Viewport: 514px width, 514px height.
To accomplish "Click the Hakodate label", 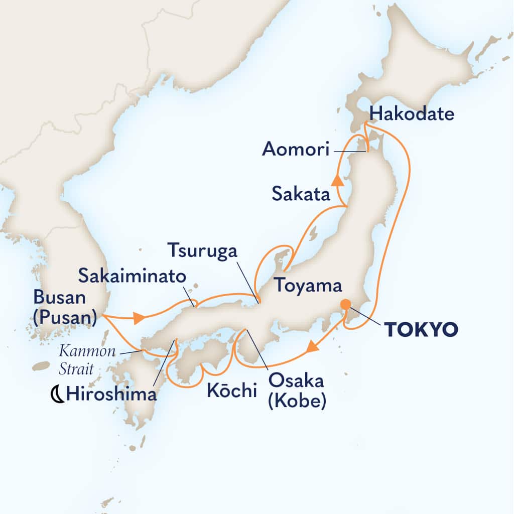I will [410, 114].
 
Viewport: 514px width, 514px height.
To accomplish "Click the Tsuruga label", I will [201, 249].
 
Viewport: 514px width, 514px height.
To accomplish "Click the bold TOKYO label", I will [421, 329].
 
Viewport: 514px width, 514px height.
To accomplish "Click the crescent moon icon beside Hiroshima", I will [57, 395].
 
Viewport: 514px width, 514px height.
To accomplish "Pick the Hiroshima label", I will [111, 395].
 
